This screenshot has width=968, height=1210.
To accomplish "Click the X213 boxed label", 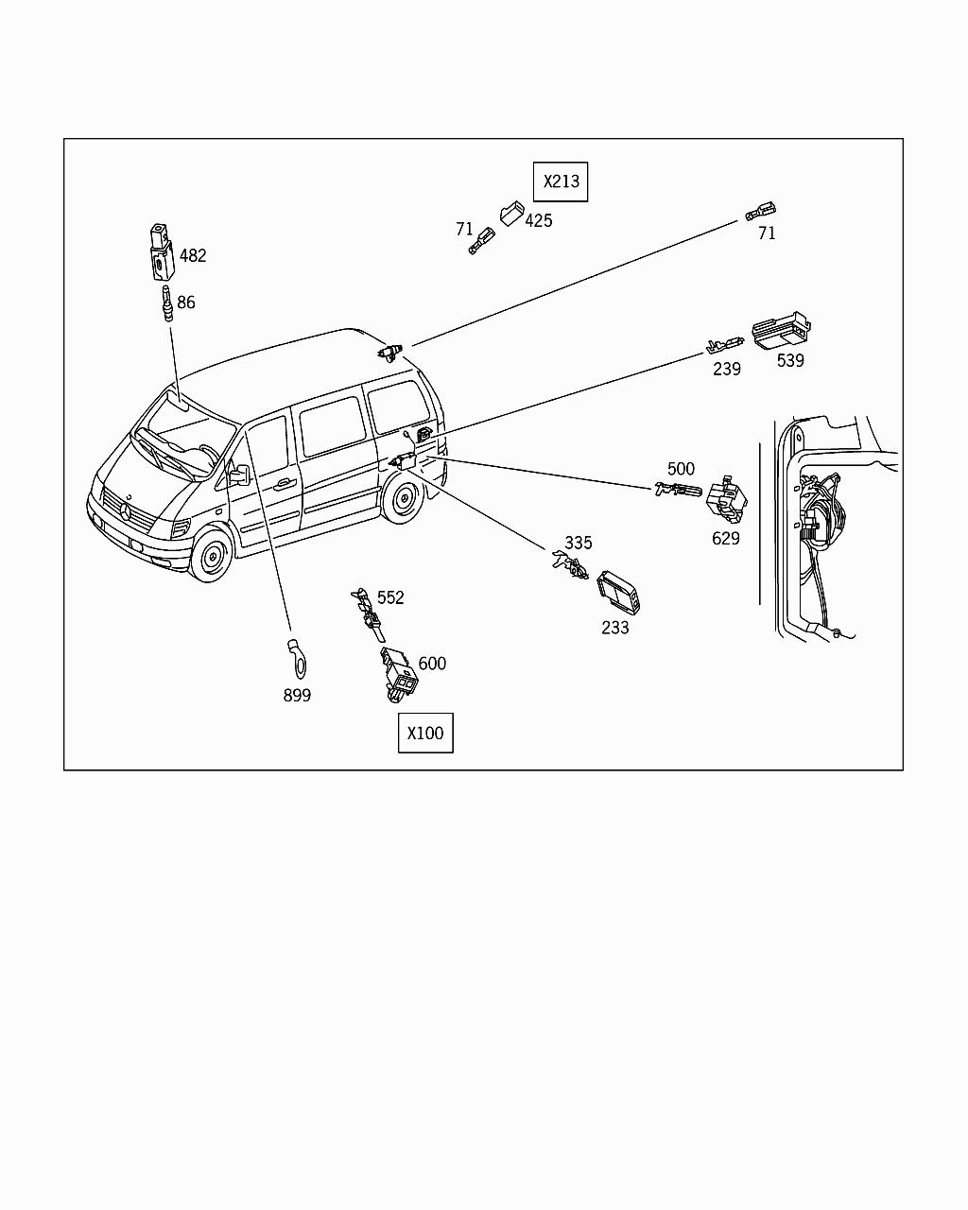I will click(561, 181).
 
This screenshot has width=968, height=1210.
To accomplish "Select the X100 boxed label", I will click(425, 733).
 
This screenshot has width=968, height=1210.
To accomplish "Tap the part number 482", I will click(193, 255).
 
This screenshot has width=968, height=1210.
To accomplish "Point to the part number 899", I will click(297, 695).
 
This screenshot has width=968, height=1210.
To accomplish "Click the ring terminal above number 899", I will click(297, 656).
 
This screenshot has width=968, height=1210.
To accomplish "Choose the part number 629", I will click(726, 538).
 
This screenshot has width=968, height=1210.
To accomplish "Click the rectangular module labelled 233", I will click(620, 590).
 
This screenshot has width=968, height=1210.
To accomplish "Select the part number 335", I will click(579, 543).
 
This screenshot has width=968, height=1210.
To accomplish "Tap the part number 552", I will click(390, 597).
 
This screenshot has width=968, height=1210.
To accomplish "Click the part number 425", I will click(539, 220).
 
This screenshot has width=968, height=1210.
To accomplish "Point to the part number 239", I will click(727, 369).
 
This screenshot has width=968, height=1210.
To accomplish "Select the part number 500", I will click(681, 469).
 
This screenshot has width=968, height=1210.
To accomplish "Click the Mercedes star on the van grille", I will click(124, 510).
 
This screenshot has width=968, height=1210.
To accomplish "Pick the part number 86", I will click(186, 302).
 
